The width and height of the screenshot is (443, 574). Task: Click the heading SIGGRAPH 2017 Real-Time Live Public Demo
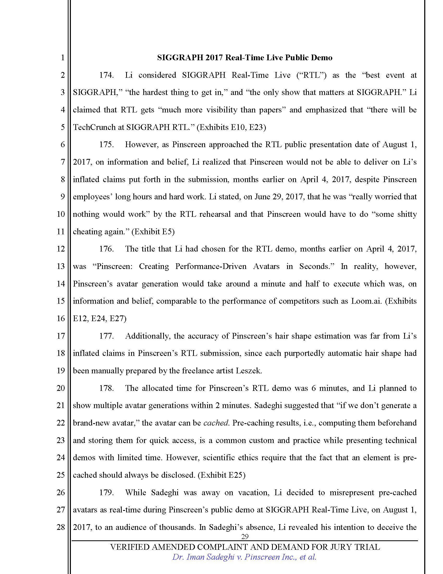click(245, 58)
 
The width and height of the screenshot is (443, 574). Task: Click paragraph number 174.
click(106, 75)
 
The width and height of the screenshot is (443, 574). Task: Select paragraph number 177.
click(106, 336)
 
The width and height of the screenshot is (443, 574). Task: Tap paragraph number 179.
click(106, 492)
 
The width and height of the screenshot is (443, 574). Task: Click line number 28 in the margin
click(61, 527)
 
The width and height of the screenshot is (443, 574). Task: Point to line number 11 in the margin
click(61, 231)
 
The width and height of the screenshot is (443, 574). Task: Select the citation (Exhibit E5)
click(153, 231)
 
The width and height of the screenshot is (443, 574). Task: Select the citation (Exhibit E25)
click(221, 475)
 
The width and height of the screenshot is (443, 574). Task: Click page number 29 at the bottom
click(245, 536)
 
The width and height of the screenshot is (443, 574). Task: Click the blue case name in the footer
click(244, 557)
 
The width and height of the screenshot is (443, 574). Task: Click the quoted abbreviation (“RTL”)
click(311, 75)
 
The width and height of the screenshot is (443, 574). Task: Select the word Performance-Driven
click(211, 266)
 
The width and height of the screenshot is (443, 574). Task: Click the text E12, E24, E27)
click(100, 319)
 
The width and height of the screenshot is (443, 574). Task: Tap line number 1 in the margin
click(63, 58)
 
